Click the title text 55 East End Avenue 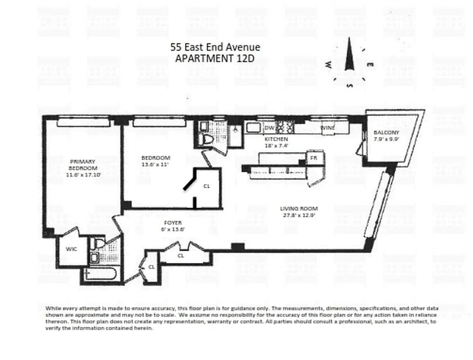tap(215, 47)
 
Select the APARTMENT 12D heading tap(215, 58)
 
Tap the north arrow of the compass tap(349, 55)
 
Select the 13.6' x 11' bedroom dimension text tap(155, 165)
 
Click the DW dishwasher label tap(270, 128)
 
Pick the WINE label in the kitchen tap(327, 128)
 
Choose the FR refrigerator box tap(313, 158)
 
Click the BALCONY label tap(386, 133)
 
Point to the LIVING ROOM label tap(299, 208)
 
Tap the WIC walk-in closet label tap(71, 248)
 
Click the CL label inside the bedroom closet tap(207, 185)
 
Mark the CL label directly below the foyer tap(180, 256)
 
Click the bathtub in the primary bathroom tap(101, 274)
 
